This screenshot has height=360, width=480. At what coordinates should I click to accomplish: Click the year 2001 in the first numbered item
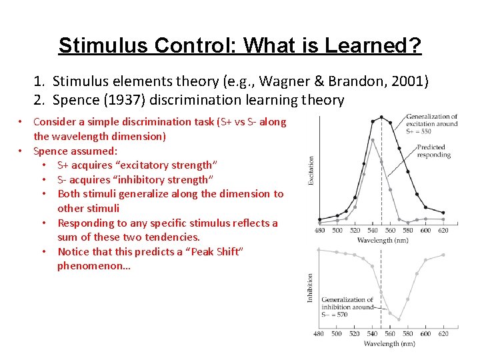point(410,82)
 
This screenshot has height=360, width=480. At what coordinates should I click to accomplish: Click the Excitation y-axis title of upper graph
point(311,170)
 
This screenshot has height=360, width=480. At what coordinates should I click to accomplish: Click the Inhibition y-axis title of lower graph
point(311,287)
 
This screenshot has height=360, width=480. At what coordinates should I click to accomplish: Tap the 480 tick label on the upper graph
point(320,231)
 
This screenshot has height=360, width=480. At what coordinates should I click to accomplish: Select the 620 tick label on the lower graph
point(443,334)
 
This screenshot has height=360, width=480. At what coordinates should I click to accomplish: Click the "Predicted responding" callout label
point(434,151)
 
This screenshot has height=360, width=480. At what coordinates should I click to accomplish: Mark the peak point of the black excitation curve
point(381,117)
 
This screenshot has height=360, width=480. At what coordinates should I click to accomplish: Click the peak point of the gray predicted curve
point(372,139)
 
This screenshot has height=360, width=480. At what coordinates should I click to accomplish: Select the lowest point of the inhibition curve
point(399,319)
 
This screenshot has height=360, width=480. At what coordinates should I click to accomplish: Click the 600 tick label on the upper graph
point(425,231)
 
